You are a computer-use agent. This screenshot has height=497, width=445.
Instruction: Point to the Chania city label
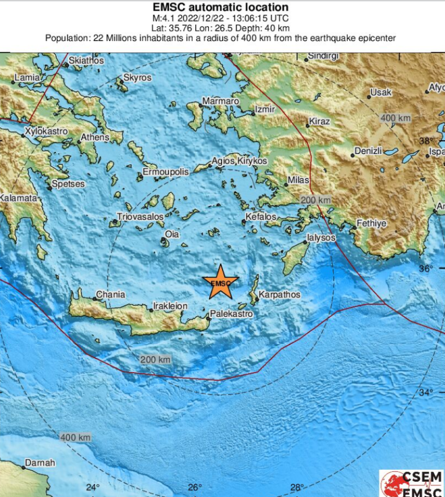tap(110, 294)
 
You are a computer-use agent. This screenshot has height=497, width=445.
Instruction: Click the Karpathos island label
tap(279, 295)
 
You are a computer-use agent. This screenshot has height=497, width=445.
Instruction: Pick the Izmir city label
tap(264, 109)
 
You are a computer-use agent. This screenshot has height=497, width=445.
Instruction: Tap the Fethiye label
tap(371, 223)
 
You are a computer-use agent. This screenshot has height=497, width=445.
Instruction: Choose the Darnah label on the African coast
tap(40, 463)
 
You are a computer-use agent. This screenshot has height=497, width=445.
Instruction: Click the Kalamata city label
tap(19, 198)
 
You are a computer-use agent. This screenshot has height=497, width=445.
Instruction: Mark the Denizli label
tap(368, 151)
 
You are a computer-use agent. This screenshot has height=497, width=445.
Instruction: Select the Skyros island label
tap(137, 78)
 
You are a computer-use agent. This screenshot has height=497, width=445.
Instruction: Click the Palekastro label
tap(231, 314)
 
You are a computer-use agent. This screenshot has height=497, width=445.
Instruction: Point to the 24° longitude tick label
tap(93, 487)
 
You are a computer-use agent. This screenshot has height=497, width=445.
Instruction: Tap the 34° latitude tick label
tap(426, 392)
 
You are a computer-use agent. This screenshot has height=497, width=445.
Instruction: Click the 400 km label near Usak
tap(395, 118)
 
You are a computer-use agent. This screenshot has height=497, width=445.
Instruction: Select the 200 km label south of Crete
tap(155, 359)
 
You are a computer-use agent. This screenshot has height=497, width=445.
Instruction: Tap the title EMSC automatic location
tap(220, 7)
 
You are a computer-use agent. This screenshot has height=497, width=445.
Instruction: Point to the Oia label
tap(172, 234)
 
